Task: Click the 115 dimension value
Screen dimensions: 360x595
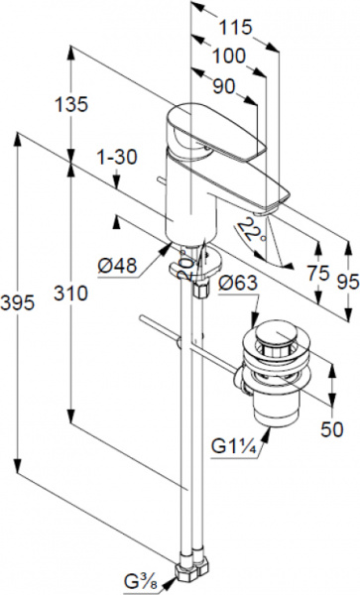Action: pos(236,27)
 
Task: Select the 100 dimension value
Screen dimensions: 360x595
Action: pos(229,57)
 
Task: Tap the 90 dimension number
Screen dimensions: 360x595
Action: pos(224,86)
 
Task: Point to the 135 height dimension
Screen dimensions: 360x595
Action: pos(71,104)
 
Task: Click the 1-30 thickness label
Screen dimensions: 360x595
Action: pos(117,157)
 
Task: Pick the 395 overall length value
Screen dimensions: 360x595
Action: pos(18,302)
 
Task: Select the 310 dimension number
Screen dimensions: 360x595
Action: pos(70,293)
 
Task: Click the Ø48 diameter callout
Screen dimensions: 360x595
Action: pos(117,265)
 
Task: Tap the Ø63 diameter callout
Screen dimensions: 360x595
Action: pos(238,283)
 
